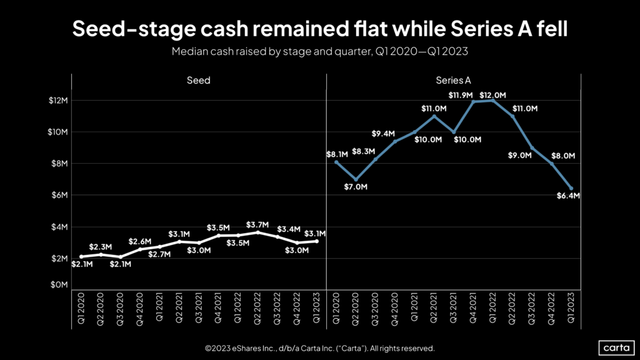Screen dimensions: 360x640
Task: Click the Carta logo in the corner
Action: point(616,347)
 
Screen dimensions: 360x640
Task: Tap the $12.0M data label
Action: point(491,95)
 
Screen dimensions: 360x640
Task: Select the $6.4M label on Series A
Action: point(568,196)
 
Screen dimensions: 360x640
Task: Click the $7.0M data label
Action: point(356,187)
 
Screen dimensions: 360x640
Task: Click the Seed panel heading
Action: point(198,81)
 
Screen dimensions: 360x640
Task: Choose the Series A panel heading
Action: point(453,81)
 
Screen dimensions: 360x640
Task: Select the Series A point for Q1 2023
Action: point(571,188)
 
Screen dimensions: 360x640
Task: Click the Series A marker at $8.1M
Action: point(337,162)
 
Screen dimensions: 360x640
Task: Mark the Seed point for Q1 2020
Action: point(81,256)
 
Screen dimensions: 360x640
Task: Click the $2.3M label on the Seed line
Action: point(100,247)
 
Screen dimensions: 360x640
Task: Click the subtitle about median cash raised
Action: point(319,52)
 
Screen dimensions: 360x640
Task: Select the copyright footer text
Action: point(319,348)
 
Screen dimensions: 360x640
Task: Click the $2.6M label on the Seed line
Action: point(139,241)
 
